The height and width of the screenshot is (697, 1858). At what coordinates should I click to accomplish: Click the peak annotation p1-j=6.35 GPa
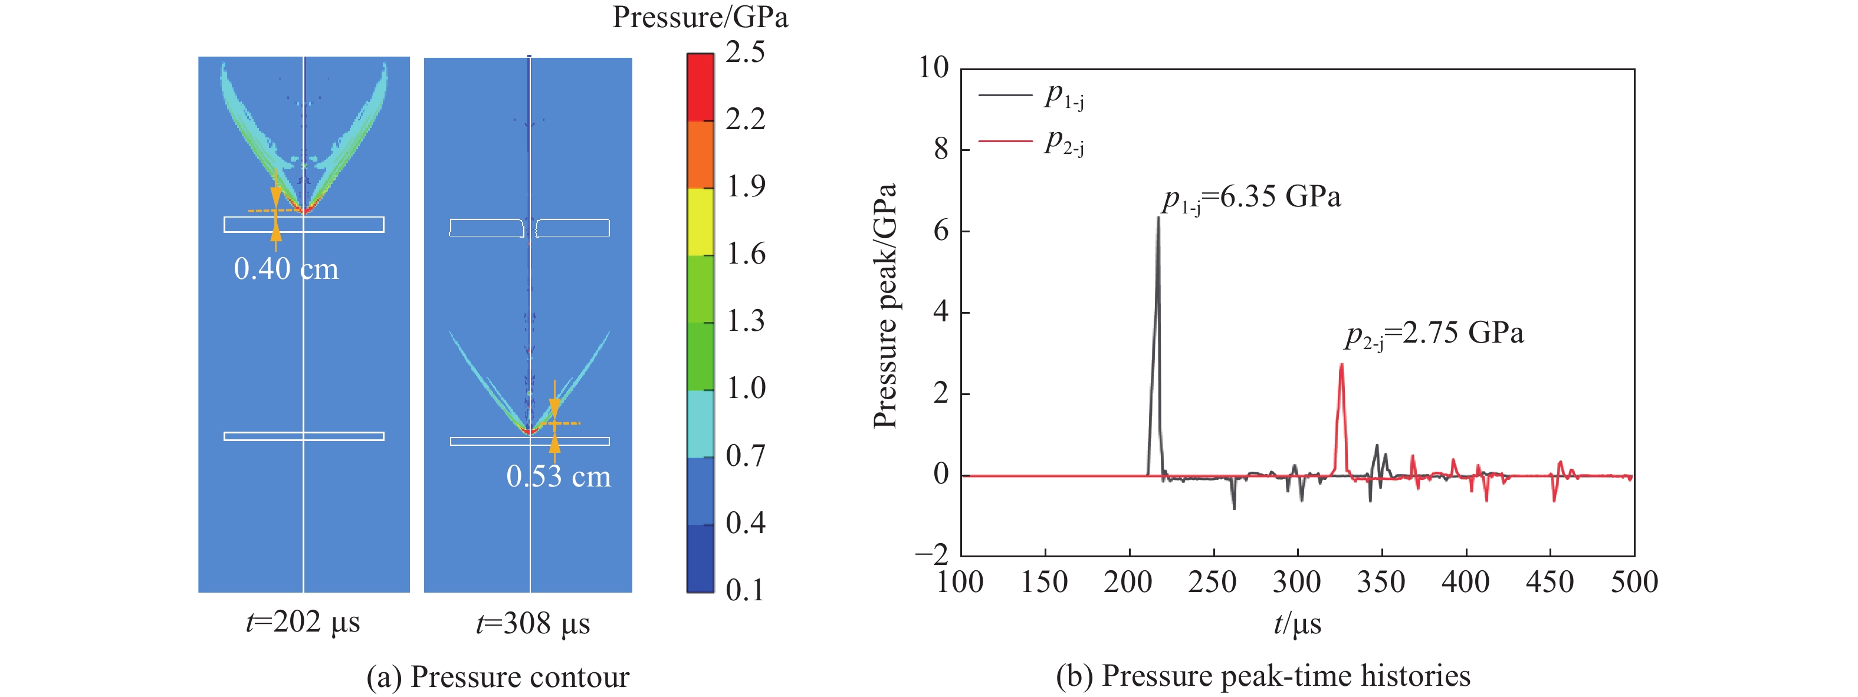point(1252,198)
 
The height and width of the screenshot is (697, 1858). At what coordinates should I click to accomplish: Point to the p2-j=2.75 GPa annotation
point(1434,334)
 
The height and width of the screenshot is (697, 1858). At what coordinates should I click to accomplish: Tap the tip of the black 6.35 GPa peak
point(1158,217)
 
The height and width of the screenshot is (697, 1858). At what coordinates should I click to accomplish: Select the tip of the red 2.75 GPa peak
point(1341,364)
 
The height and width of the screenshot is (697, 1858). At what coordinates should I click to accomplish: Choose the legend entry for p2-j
point(1032,142)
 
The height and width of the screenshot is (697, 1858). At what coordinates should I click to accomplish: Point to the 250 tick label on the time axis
point(1213,581)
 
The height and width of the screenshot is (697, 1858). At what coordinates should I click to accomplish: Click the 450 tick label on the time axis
point(1550,581)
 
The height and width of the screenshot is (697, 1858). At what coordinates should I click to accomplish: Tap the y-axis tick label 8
point(941,149)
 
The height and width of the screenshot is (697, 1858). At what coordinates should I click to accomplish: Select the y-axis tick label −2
point(933,555)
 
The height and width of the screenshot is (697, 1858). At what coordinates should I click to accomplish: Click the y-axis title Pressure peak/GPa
point(885,306)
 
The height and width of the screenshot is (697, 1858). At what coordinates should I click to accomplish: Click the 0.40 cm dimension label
point(285,269)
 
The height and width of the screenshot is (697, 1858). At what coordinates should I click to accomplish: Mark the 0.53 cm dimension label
point(558,476)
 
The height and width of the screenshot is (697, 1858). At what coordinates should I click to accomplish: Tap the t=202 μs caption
point(303,622)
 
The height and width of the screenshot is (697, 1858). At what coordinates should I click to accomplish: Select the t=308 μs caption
point(533,623)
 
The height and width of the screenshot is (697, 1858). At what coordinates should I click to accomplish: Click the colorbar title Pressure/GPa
point(700,17)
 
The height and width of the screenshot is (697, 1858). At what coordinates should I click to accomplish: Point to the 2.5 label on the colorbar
point(745,52)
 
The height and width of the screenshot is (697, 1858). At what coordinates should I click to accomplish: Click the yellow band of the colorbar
point(700,221)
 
